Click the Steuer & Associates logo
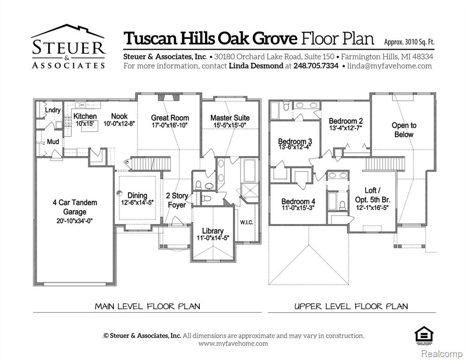68,47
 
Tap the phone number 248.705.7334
316,66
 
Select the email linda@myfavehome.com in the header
390,66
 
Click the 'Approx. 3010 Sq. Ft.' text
409,42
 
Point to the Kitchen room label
85,116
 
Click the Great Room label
170,118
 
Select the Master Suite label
230,118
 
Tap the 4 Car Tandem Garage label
75,207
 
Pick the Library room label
212,231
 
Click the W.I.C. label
247,222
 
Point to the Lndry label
53,110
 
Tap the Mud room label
53,142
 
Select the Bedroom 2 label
346,121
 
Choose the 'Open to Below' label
404,130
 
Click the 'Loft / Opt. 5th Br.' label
370,195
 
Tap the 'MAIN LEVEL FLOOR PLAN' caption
147,307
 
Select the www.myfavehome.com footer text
233,344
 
